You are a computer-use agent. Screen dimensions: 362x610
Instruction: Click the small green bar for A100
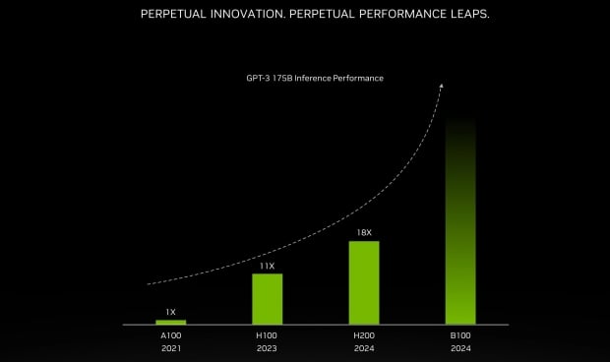[x=170, y=322]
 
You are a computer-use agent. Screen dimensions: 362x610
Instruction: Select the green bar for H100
[x=267, y=299]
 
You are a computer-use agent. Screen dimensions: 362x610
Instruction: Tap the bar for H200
[x=364, y=282]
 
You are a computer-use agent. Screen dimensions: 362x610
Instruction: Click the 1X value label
[x=170, y=311]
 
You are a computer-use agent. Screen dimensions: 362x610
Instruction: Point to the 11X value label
[x=267, y=266]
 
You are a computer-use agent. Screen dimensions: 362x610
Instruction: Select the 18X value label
[x=364, y=233]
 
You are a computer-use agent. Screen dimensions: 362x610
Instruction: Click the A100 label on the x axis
[x=170, y=336]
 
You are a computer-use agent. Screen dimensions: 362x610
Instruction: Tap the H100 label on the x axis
[x=267, y=336]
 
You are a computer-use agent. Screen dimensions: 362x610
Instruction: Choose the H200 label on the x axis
[x=364, y=336]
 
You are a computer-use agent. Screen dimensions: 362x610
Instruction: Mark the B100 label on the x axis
[x=460, y=336]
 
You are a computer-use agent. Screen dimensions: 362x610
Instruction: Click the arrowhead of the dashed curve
[x=441, y=86]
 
